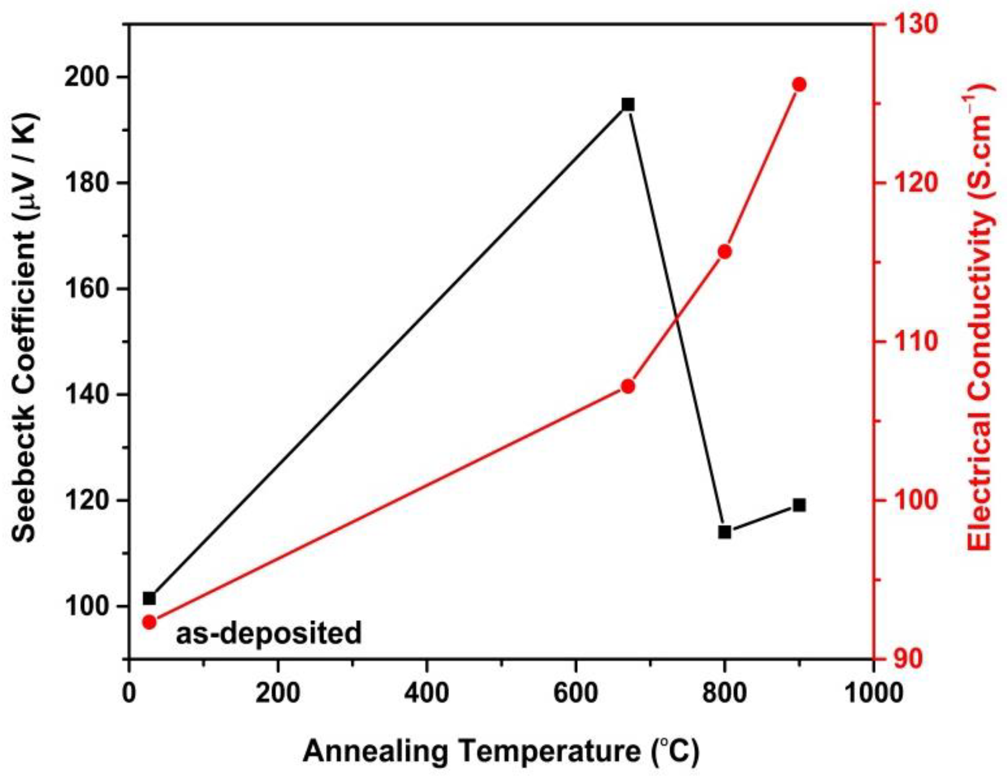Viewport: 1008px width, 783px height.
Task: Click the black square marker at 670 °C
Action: click(x=628, y=105)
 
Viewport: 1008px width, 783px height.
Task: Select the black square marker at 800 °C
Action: click(x=724, y=532)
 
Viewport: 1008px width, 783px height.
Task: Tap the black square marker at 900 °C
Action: click(x=799, y=505)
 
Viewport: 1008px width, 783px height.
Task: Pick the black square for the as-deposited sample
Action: click(x=149, y=598)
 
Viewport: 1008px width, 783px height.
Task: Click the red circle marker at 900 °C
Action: click(x=799, y=85)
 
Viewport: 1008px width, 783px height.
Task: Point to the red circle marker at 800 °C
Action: click(x=724, y=252)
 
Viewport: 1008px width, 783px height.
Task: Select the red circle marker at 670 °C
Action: click(x=628, y=386)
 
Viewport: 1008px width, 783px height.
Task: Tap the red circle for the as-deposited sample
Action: click(x=149, y=622)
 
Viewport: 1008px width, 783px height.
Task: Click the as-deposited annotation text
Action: click(x=269, y=634)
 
